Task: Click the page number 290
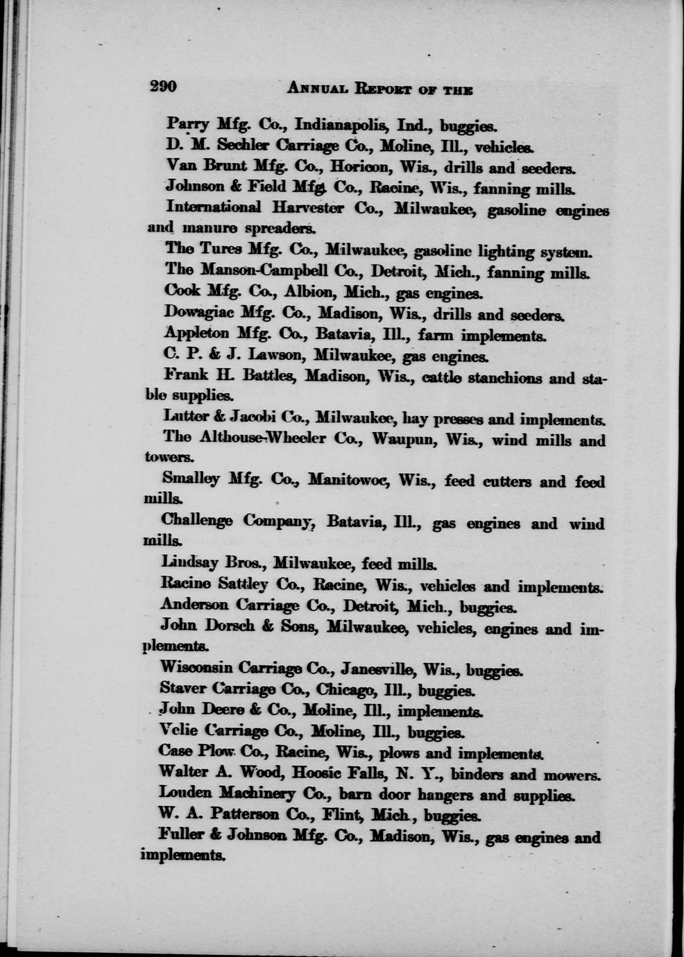(x=164, y=87)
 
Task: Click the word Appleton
(x=196, y=334)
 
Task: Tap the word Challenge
(x=197, y=520)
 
